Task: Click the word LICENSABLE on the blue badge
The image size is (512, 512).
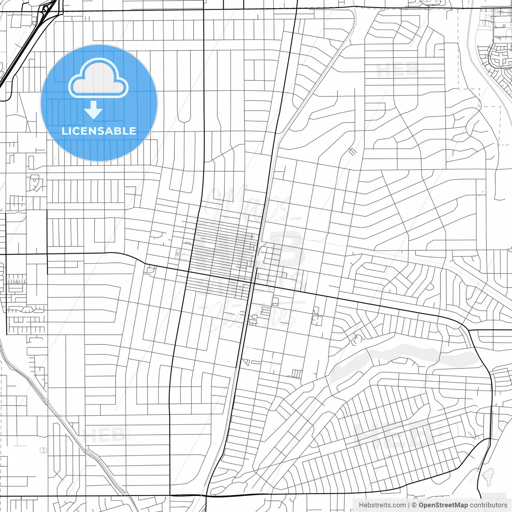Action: tap(99, 131)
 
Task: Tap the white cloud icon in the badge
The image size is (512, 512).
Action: tap(98, 79)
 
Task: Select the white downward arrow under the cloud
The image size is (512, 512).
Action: tap(94, 110)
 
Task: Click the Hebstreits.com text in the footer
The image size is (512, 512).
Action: tap(382, 505)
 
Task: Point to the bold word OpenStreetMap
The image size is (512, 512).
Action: tap(443, 505)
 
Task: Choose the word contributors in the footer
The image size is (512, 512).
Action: tap(488, 505)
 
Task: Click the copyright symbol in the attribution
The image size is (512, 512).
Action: tap(414, 505)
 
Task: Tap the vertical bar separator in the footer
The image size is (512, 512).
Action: tap(409, 505)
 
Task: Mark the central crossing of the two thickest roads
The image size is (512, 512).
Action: tap(253, 283)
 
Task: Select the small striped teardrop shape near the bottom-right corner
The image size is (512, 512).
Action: tap(487, 476)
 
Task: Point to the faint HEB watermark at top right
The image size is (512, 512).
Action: tap(398, 70)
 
